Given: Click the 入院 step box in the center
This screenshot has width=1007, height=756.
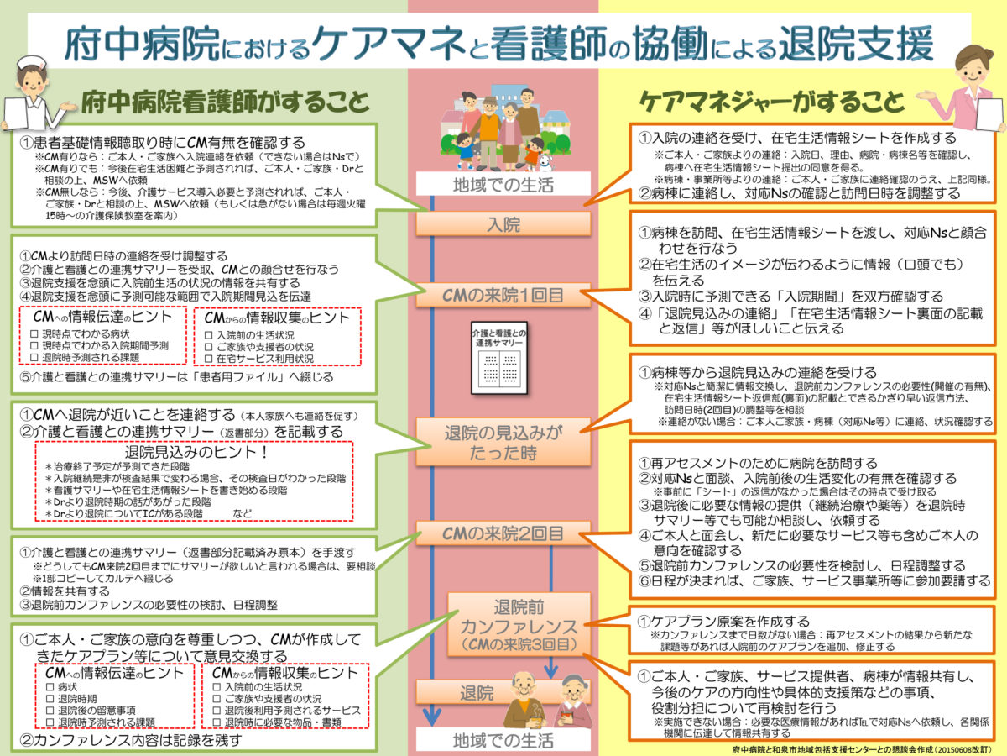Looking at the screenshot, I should pyautogui.click(x=503, y=224).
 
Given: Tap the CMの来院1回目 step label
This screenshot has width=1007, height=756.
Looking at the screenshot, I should pyautogui.click(x=503, y=296).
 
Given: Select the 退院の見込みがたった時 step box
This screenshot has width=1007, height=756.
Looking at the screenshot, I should pyautogui.click(x=503, y=442).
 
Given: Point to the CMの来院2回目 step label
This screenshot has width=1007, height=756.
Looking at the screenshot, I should pyautogui.click(x=503, y=533).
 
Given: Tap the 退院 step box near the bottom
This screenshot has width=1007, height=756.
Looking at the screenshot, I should pyautogui.click(x=477, y=694).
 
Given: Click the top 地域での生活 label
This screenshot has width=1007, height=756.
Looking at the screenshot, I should pyautogui.click(x=503, y=185).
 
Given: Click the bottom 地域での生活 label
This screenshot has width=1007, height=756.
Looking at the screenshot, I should pyautogui.click(x=503, y=740).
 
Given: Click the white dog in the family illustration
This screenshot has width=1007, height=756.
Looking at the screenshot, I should pyautogui.click(x=545, y=160).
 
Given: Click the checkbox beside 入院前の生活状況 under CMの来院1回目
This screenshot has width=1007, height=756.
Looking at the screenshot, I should pyautogui.click(x=209, y=334).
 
